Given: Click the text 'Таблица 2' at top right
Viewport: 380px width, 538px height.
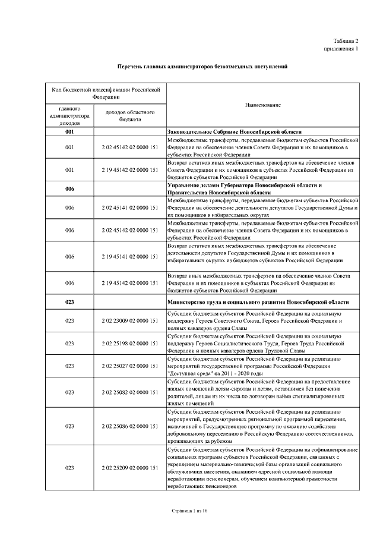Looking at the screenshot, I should [x=346, y=40].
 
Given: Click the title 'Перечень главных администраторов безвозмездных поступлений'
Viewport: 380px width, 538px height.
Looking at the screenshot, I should [x=202, y=67].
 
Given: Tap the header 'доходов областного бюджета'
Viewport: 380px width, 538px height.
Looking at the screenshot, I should [x=130, y=115].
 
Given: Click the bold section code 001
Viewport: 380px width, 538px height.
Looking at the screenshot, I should [x=69, y=132].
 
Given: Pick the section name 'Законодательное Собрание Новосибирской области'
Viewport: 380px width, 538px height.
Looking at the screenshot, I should [x=235, y=132].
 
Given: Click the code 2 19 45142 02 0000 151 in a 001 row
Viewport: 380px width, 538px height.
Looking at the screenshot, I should [x=130, y=170].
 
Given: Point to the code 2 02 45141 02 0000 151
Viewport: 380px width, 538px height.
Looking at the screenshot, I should [x=130, y=208].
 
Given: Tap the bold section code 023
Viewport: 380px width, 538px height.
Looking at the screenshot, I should [x=69, y=302].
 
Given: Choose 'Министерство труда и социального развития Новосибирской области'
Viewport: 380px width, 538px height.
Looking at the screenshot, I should [x=254, y=302].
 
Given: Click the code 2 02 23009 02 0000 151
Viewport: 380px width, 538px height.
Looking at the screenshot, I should [x=130, y=320].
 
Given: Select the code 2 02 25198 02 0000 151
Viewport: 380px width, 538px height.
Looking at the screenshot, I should [x=130, y=344].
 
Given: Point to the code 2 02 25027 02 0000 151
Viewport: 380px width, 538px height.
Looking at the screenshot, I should [x=130, y=366].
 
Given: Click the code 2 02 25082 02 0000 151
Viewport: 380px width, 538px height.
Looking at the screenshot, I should [x=130, y=392].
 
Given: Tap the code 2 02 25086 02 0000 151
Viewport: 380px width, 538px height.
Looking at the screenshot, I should [x=130, y=426].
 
